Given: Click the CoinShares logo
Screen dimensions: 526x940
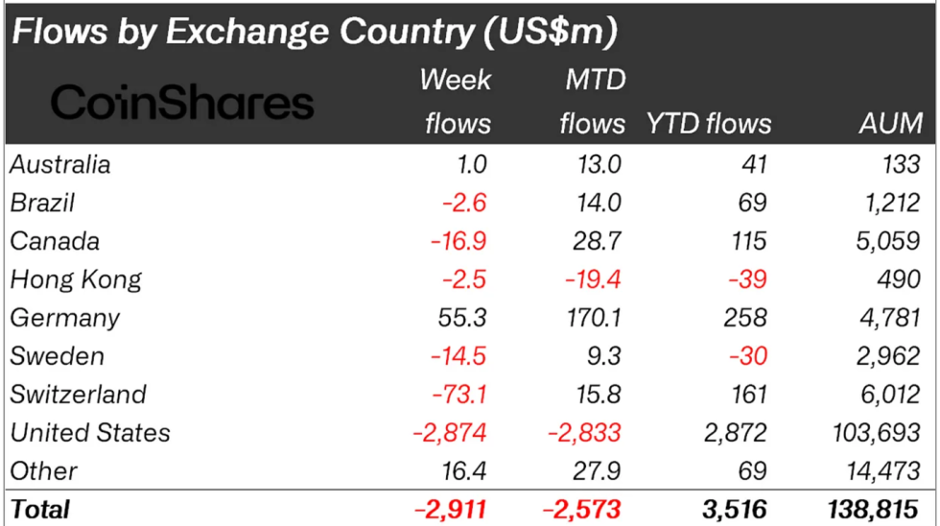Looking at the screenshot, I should coord(182,102).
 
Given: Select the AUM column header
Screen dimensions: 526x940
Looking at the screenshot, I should coord(891,123).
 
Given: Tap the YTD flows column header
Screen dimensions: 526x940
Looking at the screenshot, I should coord(709,123).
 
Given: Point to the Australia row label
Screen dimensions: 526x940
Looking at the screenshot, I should coord(60,164).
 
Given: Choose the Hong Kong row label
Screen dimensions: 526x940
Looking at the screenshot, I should coord(76,279).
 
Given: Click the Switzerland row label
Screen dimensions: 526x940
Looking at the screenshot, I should coord(79,394).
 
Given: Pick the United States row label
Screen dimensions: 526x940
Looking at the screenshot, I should coord(90,433).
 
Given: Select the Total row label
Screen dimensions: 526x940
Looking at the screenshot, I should coord(40,509).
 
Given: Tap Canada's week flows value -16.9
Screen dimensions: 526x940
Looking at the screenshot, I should coord(457,241).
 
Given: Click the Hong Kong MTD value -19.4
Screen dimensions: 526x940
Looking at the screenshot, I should coord(591,279).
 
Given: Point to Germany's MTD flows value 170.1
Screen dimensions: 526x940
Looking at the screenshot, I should coord(592,318).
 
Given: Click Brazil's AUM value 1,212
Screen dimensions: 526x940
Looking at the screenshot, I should coord(892,203).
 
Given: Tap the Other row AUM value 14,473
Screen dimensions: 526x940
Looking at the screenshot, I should coord(885,471).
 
